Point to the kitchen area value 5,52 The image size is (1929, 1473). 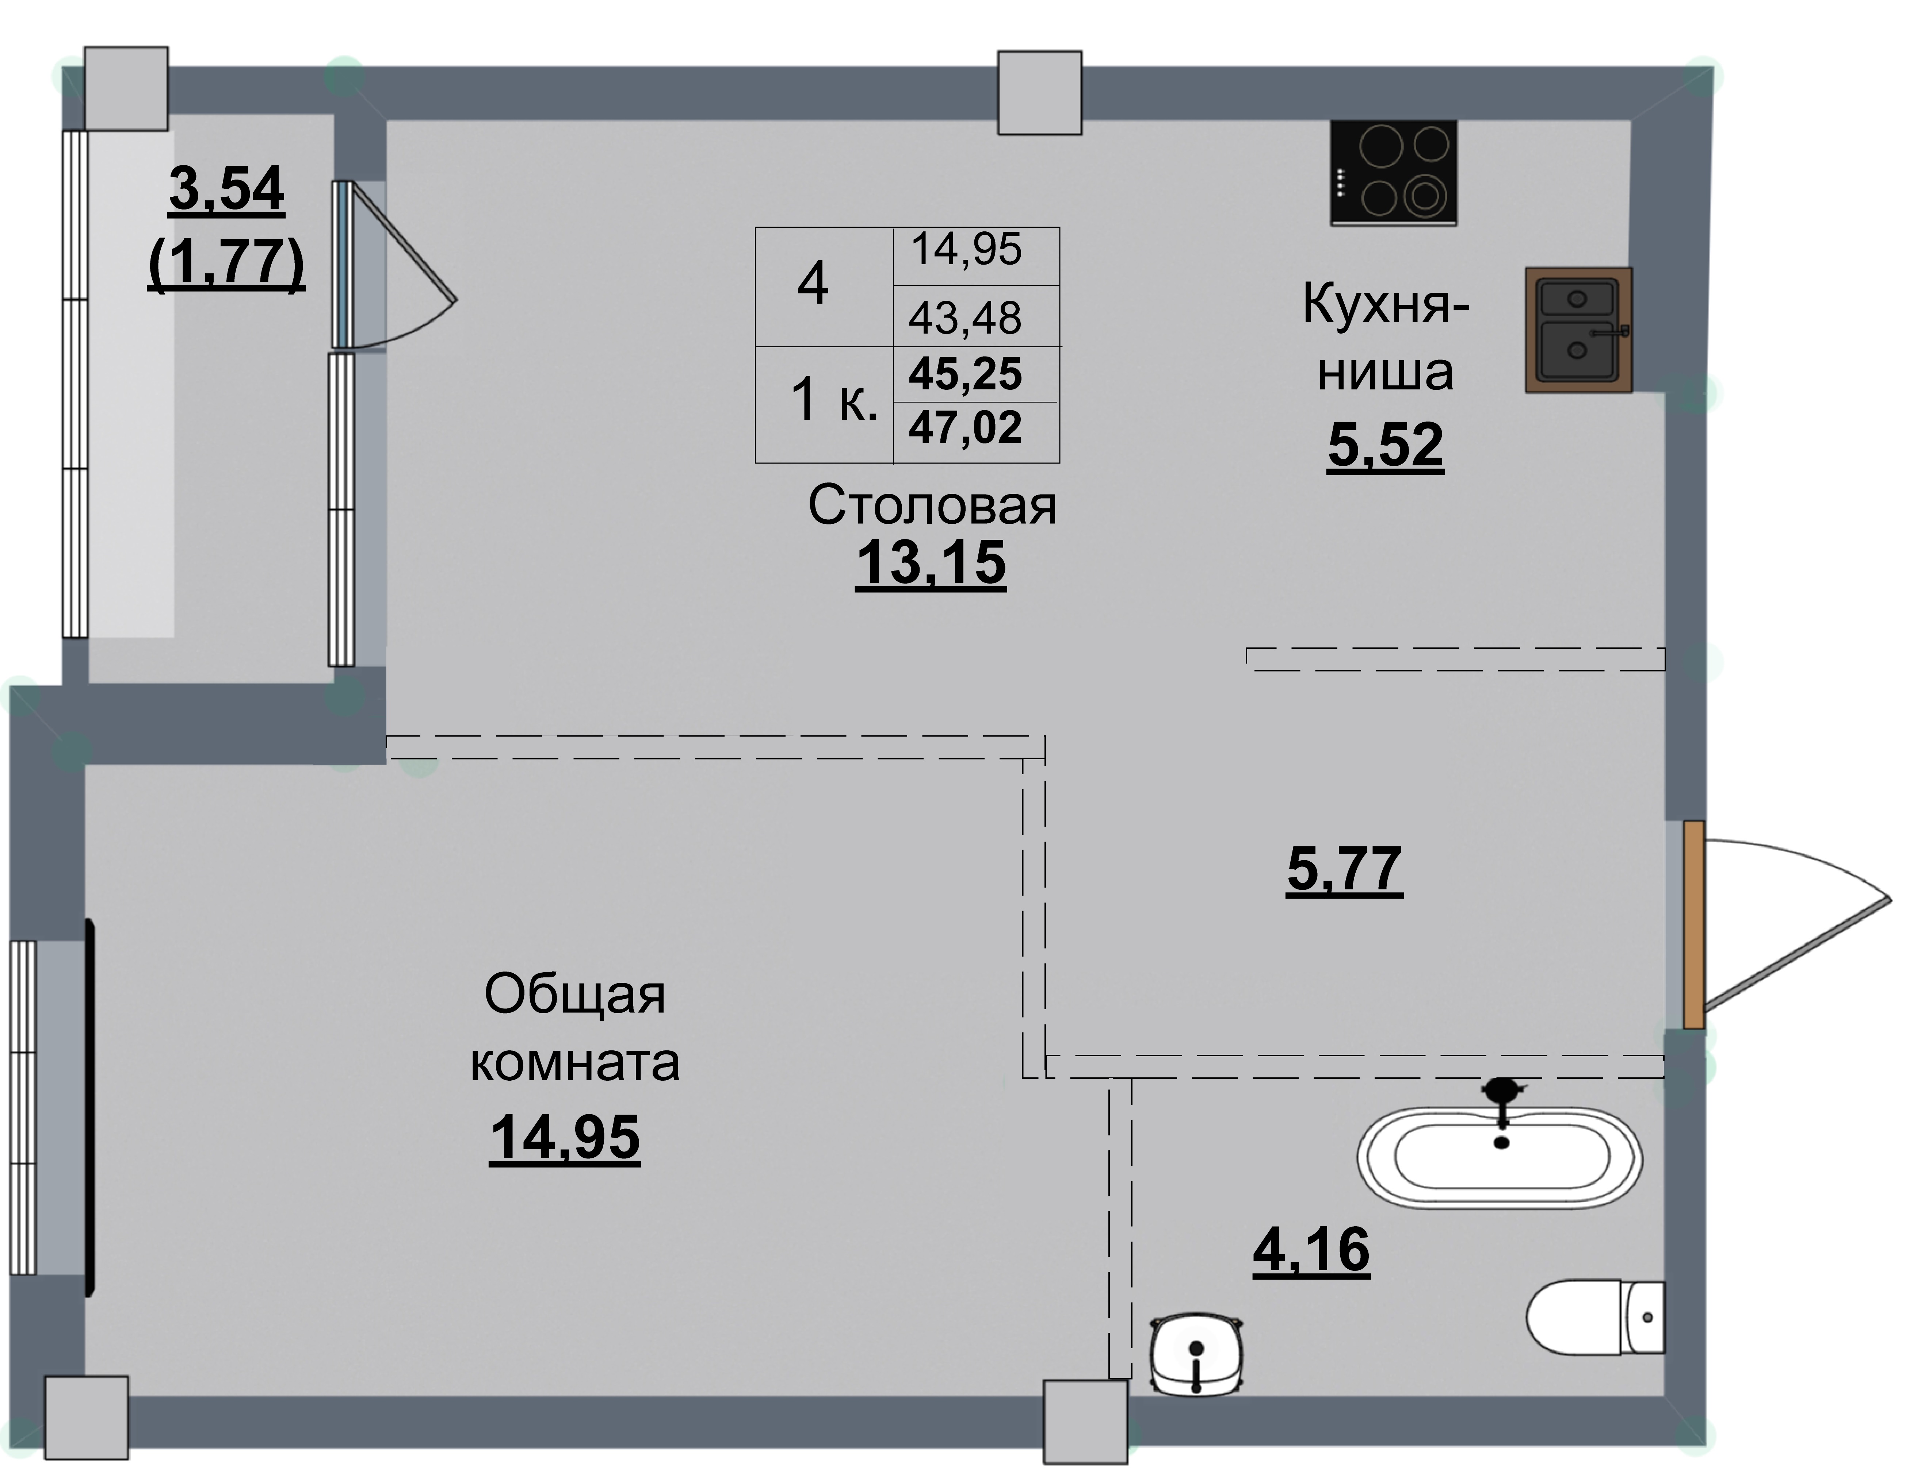pyautogui.click(x=1385, y=445)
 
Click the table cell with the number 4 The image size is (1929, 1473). pyautogui.click(x=813, y=285)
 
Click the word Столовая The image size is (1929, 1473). pyautogui.click(x=932, y=506)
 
